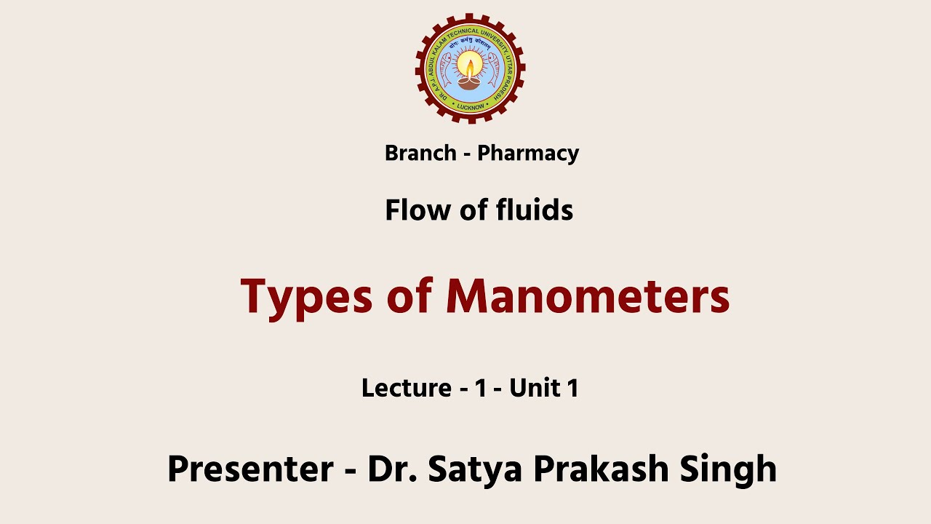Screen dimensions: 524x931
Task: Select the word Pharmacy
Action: [528, 154]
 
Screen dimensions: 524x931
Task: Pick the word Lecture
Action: [406, 388]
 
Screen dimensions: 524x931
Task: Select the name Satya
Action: [476, 469]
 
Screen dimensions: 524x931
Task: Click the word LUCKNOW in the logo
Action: [471, 106]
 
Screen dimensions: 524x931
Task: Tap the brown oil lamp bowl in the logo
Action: [470, 82]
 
